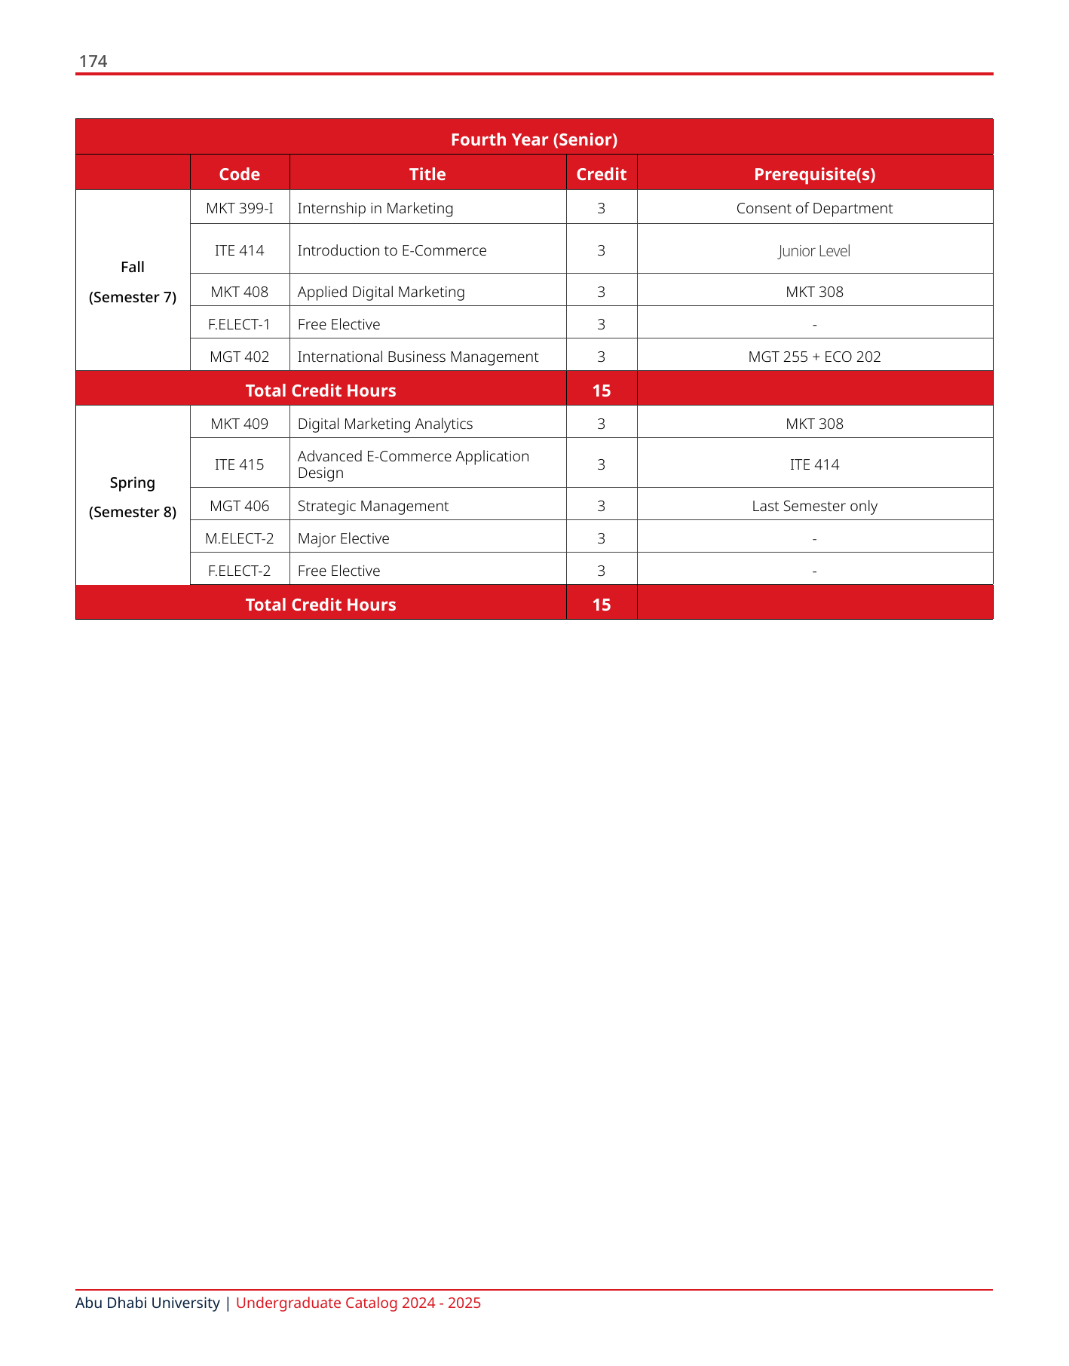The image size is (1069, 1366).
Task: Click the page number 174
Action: click(93, 62)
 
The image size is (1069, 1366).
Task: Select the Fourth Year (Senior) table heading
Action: click(534, 139)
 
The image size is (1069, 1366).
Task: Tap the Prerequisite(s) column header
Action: click(814, 174)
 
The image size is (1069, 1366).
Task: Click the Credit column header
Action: click(601, 174)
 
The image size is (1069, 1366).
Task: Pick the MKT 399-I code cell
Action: click(240, 208)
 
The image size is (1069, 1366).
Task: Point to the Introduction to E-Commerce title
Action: click(392, 250)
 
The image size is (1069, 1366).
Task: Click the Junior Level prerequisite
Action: click(814, 251)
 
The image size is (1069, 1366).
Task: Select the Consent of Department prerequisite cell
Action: click(814, 208)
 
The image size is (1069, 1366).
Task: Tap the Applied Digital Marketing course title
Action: click(381, 292)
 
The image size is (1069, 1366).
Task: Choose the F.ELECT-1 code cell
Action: click(240, 324)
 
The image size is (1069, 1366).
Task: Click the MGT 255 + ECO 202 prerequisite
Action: click(814, 357)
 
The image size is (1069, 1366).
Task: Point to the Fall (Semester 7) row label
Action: click(133, 282)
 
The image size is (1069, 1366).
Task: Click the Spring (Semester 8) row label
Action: click(133, 497)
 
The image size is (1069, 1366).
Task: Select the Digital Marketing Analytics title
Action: click(385, 424)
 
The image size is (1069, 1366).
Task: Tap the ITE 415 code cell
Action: click(240, 464)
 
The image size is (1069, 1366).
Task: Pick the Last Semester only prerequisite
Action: click(814, 506)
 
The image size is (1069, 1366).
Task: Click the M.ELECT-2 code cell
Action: click(240, 538)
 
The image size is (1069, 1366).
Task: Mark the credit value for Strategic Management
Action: click(601, 506)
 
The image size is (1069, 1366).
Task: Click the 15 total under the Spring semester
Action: click(601, 605)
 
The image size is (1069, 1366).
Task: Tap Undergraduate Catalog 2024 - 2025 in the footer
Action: click(358, 1303)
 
